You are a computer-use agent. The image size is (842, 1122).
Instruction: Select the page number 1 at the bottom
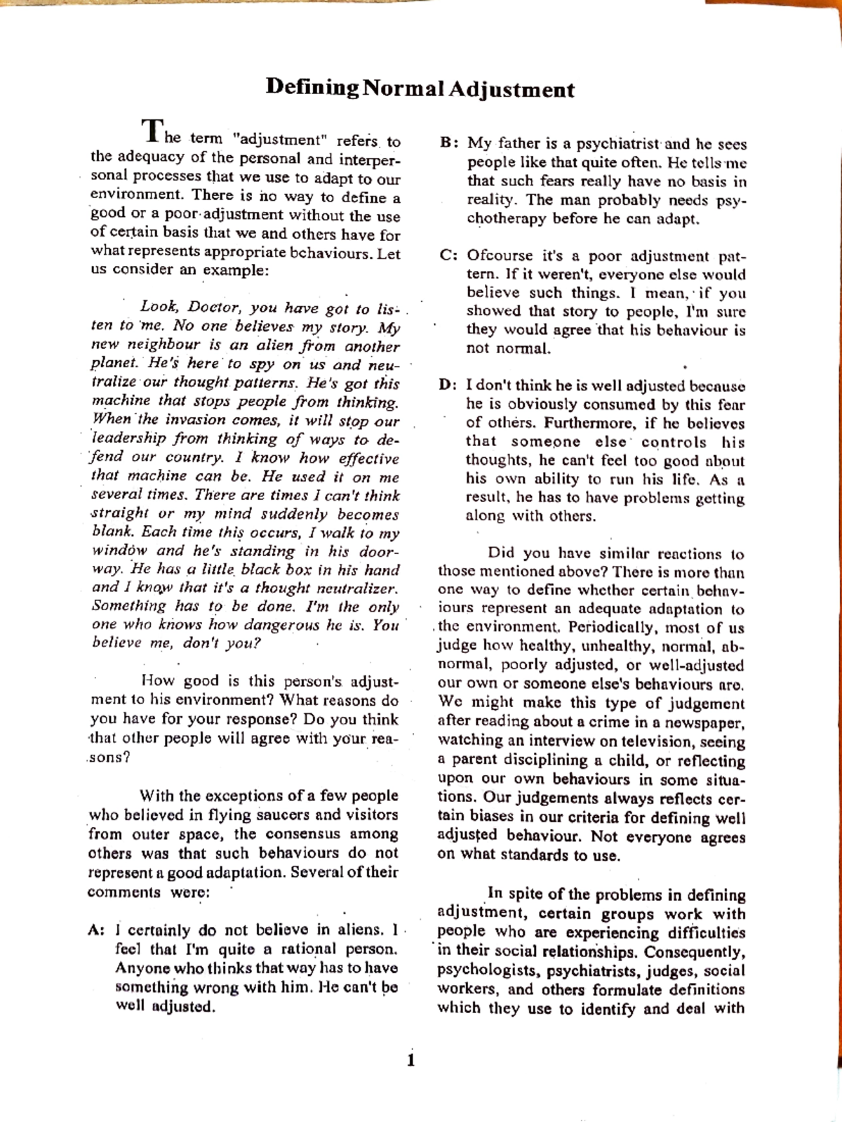[x=411, y=1060]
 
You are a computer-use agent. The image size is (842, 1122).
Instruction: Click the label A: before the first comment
[x=97, y=930]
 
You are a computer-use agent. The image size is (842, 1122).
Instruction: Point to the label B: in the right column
[x=449, y=143]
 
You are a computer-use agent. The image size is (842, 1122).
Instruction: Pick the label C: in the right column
[x=449, y=256]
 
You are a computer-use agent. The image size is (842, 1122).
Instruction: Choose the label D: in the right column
[x=449, y=385]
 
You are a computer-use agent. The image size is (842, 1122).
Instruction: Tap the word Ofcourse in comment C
[x=501, y=256]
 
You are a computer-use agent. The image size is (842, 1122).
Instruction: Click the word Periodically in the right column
[x=612, y=628]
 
